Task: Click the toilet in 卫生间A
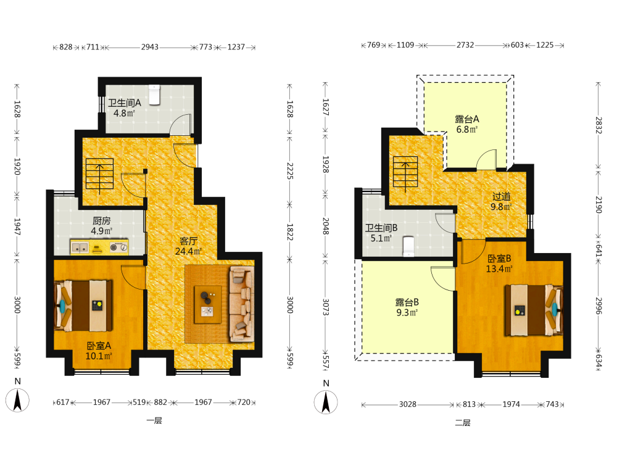(x=155, y=95)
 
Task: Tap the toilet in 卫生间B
(x=409, y=246)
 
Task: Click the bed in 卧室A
(x=83, y=305)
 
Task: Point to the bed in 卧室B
(x=534, y=311)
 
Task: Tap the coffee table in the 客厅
(x=208, y=304)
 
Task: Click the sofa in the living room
(x=241, y=304)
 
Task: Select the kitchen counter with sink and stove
(x=99, y=248)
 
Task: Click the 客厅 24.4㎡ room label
(x=188, y=246)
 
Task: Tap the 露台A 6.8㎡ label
(x=467, y=125)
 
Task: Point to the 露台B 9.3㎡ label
(x=407, y=307)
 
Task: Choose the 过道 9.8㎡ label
(x=501, y=202)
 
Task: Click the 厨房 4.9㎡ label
(x=102, y=226)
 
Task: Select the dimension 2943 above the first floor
(x=150, y=48)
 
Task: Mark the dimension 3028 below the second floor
(x=408, y=404)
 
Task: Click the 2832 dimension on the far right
(x=598, y=125)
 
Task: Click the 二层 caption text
(x=463, y=423)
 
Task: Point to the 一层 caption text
(x=154, y=421)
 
